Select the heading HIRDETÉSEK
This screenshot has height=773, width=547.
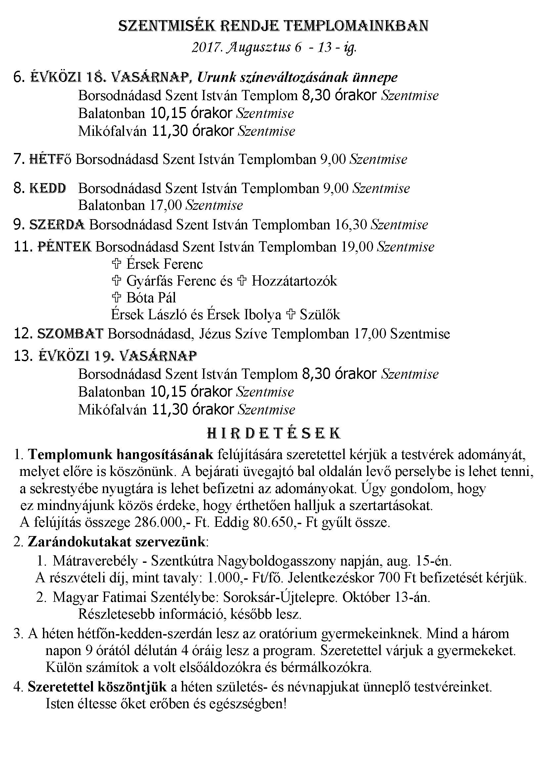pos(273,433)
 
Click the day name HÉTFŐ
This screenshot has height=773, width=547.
pos(50,159)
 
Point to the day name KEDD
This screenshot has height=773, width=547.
pos(48,188)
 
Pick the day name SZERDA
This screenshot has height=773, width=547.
pos(57,224)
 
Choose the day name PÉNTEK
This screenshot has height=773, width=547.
pos(64,247)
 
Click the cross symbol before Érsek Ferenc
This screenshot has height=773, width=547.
pos(116,264)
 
